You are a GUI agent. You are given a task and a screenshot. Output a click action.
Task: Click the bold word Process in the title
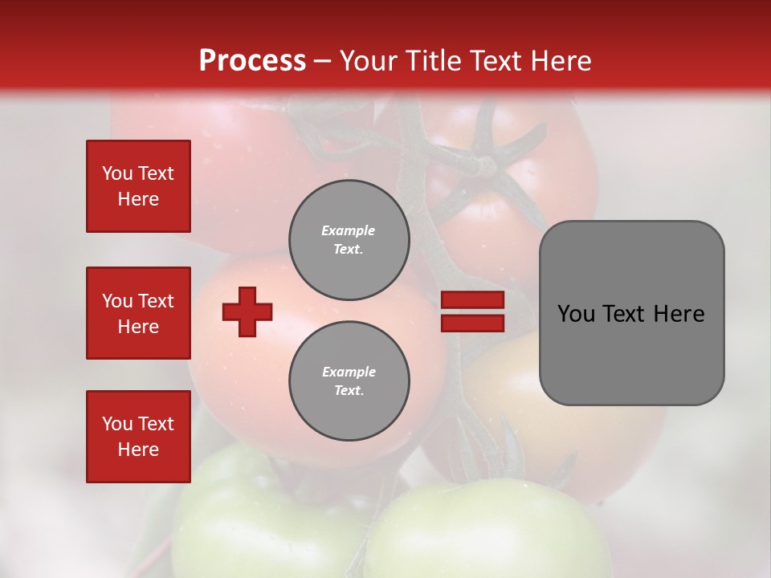tap(252, 61)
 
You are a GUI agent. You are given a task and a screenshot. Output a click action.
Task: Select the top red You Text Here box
tap(138, 186)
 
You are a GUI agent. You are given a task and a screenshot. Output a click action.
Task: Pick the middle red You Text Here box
tap(138, 313)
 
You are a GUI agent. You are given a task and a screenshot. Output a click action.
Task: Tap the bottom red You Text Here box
tap(138, 437)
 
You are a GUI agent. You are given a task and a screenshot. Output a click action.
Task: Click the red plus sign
tap(247, 311)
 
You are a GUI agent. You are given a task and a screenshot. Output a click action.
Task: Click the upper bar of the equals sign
tap(472, 299)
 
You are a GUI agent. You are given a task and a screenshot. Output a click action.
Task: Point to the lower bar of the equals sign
tap(472, 323)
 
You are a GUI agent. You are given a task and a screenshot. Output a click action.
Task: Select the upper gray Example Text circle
tap(349, 239)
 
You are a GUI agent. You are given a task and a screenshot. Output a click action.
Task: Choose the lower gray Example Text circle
tap(349, 381)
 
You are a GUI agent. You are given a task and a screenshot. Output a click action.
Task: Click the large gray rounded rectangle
tap(631, 353)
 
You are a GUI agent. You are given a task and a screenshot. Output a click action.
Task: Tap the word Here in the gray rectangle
tap(679, 314)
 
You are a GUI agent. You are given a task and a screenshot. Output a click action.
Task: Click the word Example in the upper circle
tap(349, 230)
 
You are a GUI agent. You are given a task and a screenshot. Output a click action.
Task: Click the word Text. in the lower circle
tap(349, 391)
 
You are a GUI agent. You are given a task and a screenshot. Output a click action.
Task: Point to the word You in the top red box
tap(116, 173)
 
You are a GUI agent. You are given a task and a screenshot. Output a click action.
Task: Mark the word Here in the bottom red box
tap(138, 450)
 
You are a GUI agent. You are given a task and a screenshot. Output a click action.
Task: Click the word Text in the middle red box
tap(156, 301)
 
